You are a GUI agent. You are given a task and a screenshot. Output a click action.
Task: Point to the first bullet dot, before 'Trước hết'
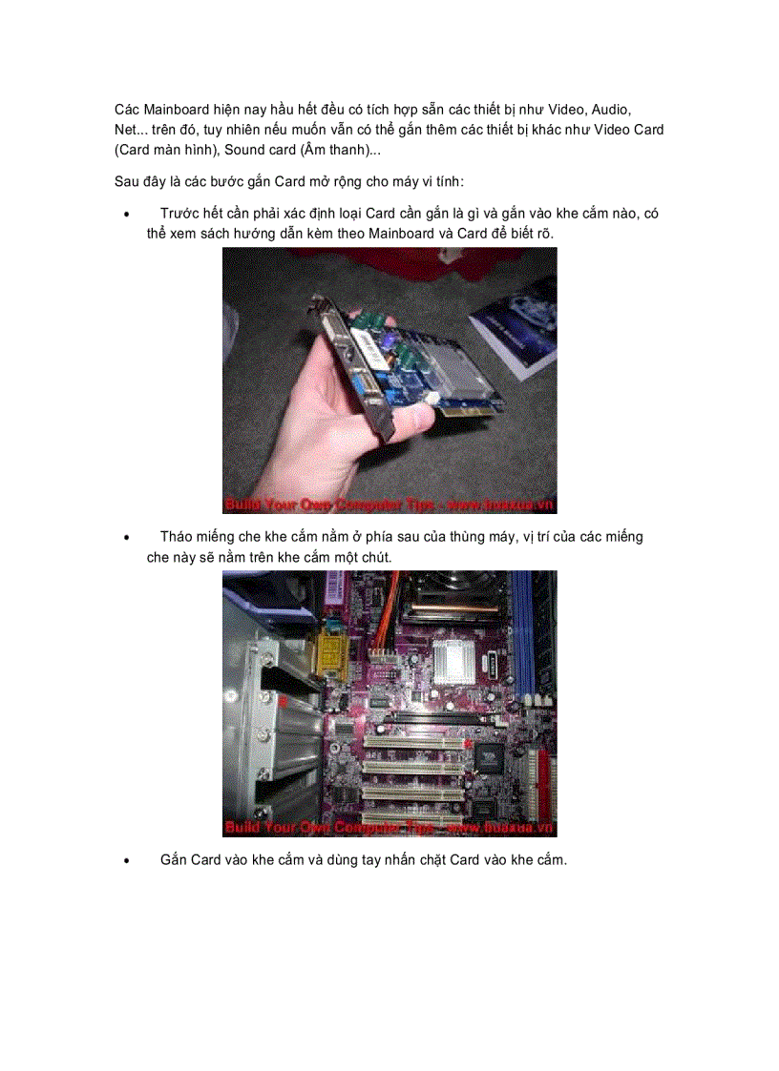[126, 215]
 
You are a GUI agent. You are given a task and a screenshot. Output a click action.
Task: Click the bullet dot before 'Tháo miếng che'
[126, 538]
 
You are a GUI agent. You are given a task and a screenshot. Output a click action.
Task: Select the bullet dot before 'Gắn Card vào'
[126, 861]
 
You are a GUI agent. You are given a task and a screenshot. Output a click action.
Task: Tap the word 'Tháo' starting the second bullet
[177, 537]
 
